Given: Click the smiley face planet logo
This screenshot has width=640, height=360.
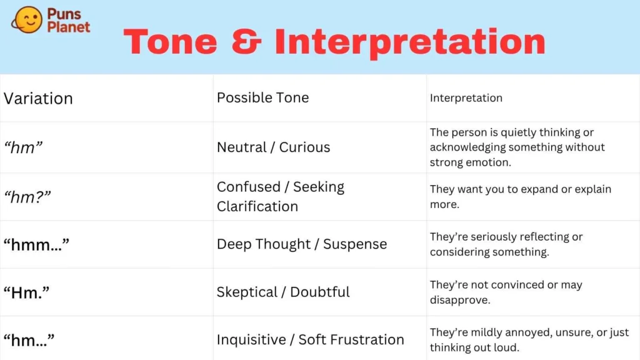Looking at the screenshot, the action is coord(26,19).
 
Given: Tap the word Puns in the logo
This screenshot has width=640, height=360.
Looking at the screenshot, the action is coord(64,14).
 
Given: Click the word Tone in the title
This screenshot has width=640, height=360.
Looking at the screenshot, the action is coord(170,42).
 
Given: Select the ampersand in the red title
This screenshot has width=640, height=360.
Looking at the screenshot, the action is coord(246,42).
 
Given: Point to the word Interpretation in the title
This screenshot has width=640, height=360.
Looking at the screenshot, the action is coord(410,43).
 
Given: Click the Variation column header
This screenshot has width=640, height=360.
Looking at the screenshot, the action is coord(38,98).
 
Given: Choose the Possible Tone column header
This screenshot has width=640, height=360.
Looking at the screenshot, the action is coord(263,97).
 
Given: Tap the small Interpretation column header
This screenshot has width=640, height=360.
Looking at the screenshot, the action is coord(466,98).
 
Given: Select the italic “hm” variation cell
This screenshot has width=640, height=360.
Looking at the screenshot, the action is coord(23,147).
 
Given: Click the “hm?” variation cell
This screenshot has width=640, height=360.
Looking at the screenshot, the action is coord(27,197).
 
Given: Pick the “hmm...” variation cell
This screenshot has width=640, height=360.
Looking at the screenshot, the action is coord(36,244).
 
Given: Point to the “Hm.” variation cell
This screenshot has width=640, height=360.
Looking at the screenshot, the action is coord(26,292).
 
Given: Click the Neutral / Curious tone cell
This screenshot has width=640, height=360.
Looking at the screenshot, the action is coord(274,147).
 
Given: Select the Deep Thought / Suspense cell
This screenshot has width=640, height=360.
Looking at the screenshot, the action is coord(302,244).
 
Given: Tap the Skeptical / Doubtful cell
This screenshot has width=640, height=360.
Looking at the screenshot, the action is coord(283,292).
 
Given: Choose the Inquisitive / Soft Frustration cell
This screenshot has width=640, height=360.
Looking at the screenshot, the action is coord(311,339).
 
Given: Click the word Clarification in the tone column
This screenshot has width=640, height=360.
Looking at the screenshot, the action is coord(257,206).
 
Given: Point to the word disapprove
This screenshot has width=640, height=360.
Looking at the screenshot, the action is coord(460,300).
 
